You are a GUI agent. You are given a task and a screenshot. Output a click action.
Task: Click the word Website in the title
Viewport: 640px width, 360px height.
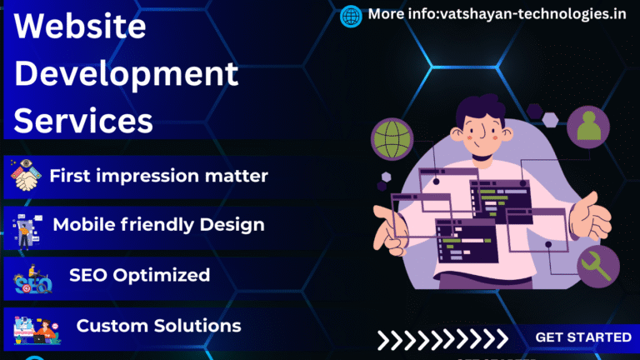click(x=81, y=27)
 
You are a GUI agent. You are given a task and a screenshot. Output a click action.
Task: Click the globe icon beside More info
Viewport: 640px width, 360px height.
click(x=352, y=15)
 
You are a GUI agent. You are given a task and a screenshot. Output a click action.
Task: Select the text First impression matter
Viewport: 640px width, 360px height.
click(x=158, y=176)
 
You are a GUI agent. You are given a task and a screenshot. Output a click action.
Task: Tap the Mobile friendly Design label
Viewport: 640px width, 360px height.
click(x=158, y=224)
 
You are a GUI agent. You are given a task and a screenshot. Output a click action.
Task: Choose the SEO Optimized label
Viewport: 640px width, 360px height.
click(x=139, y=274)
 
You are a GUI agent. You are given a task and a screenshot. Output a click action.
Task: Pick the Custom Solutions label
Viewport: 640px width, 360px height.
click(x=158, y=325)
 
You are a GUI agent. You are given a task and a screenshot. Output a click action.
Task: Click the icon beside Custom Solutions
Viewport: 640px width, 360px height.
click(x=35, y=327)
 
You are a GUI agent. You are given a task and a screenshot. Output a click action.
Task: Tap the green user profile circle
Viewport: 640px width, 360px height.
click(x=588, y=127)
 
